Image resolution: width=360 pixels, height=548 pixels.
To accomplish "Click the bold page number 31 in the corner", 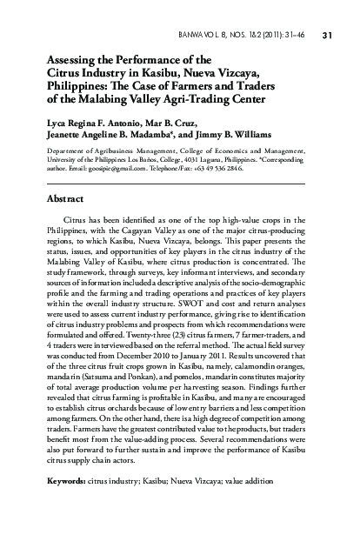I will click(x=328, y=36).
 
